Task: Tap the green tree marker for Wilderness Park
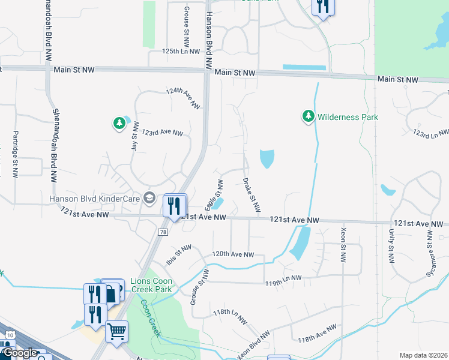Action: (309, 115)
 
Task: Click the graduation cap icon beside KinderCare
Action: (149, 199)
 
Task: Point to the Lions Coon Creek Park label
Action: (151, 286)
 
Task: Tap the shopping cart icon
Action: (116, 330)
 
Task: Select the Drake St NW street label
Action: (252, 194)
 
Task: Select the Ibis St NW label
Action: (178, 254)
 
